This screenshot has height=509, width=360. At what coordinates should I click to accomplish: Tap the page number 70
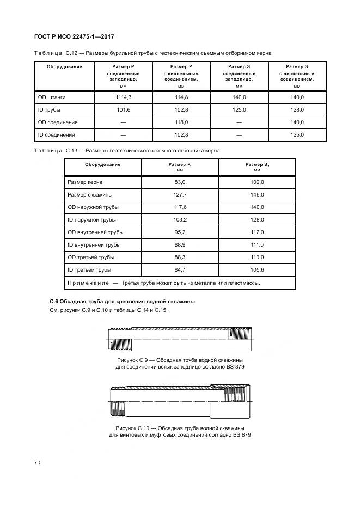tap(37, 463)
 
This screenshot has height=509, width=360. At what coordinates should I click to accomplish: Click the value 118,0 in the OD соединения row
tap(181, 122)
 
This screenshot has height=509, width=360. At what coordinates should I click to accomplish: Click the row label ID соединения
tap(56, 134)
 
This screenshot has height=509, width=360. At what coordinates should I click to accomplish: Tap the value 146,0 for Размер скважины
tap(257, 195)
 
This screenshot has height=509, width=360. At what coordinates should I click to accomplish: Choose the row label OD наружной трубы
tap(93, 207)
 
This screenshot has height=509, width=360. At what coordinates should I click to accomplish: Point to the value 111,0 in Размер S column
tap(257, 245)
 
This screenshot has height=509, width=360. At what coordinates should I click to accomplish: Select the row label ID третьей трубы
tap(89, 270)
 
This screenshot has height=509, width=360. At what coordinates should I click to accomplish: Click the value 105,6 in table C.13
tap(257, 270)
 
